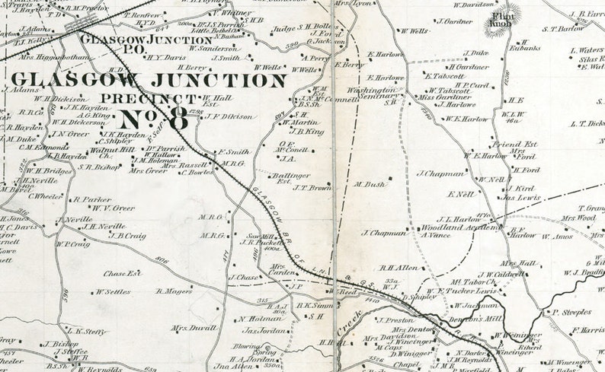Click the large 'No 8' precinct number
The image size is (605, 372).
pyautogui.click(x=153, y=119)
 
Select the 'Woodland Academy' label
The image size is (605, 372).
pyautogui.click(x=454, y=228)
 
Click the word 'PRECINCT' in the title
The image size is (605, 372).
pyautogui.click(x=152, y=98)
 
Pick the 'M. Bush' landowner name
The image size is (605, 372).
pyautogui.click(x=370, y=183)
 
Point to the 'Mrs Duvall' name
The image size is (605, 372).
pyautogui.click(x=188, y=329)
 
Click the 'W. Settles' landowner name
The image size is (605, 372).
pyautogui.click(x=112, y=291)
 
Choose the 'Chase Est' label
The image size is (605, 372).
pyautogui.click(x=123, y=273)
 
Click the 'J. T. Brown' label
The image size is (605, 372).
pyautogui.click(x=311, y=188)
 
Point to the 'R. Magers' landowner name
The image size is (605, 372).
pyautogui.click(x=173, y=290)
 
